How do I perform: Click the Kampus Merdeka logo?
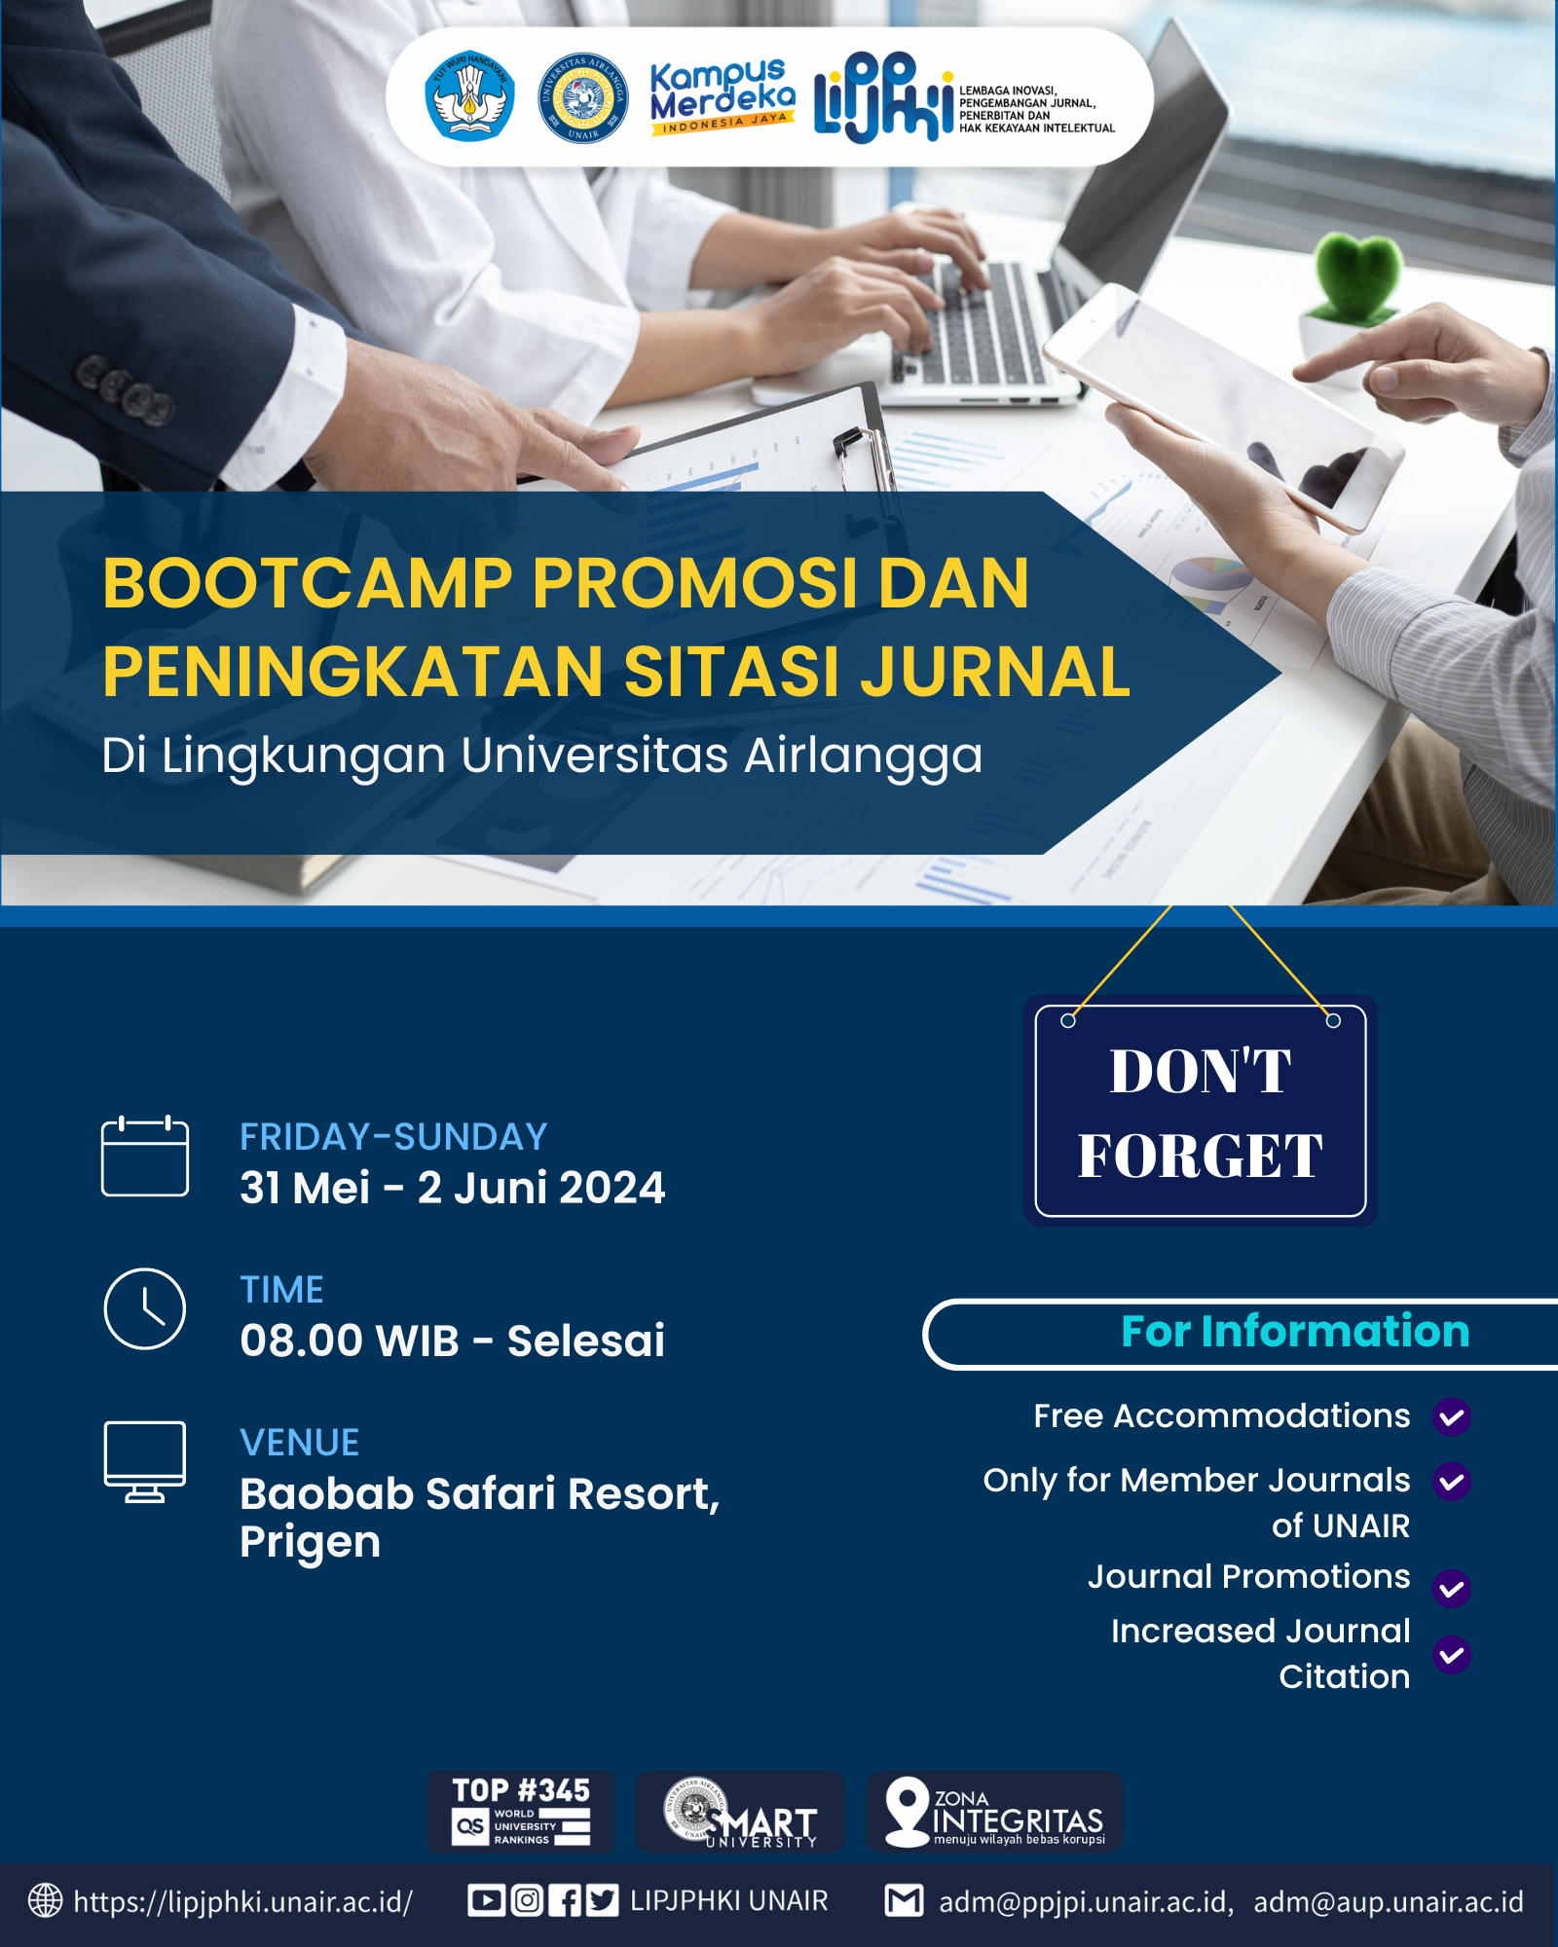tap(723, 96)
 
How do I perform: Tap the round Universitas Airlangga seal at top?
tap(583, 97)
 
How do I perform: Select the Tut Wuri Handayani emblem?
tap(469, 95)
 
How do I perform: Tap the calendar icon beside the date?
tap(145, 1156)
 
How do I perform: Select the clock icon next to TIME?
tap(145, 1308)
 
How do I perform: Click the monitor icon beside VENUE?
tap(145, 1461)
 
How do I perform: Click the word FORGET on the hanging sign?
tap(1200, 1156)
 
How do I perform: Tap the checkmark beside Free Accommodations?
tap(1451, 1416)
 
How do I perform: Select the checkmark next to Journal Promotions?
tap(1451, 1588)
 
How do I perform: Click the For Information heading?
tap(1295, 1331)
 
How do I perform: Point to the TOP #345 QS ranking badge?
tap(521, 1812)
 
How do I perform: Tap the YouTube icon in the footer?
tap(485, 1900)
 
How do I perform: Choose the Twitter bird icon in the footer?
tap(602, 1900)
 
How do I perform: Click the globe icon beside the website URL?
tap(45, 1900)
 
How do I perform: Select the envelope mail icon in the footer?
tap(904, 1900)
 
